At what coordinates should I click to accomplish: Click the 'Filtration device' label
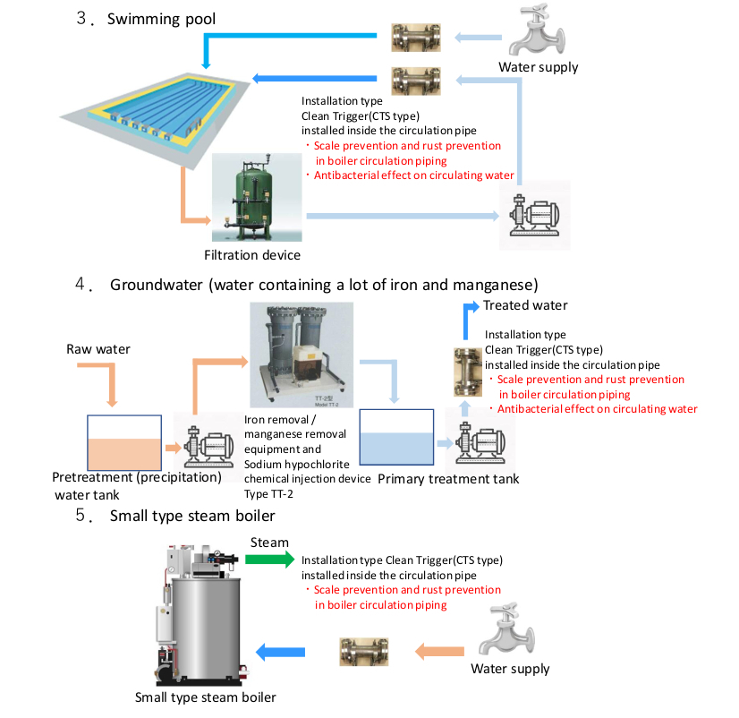(x=252, y=255)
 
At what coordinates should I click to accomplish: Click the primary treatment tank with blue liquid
(x=396, y=438)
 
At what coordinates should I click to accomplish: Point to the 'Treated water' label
(x=525, y=305)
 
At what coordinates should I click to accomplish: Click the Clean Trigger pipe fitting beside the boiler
(x=364, y=651)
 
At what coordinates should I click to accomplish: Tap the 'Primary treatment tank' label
(x=447, y=479)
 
